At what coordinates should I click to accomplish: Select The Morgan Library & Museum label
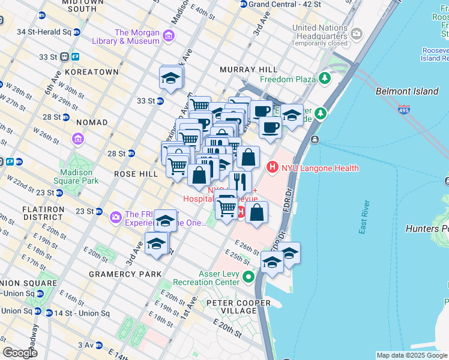[137, 37]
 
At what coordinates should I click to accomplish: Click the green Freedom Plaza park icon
[325, 79]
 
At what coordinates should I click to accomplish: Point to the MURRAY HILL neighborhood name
[247, 70]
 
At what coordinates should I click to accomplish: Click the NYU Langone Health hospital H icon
[272, 167]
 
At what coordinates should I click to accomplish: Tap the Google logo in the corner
[19, 352]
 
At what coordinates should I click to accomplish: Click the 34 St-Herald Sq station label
[45, 31]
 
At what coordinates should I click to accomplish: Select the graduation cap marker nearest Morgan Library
[171, 78]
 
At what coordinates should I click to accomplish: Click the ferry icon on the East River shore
[315, 139]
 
